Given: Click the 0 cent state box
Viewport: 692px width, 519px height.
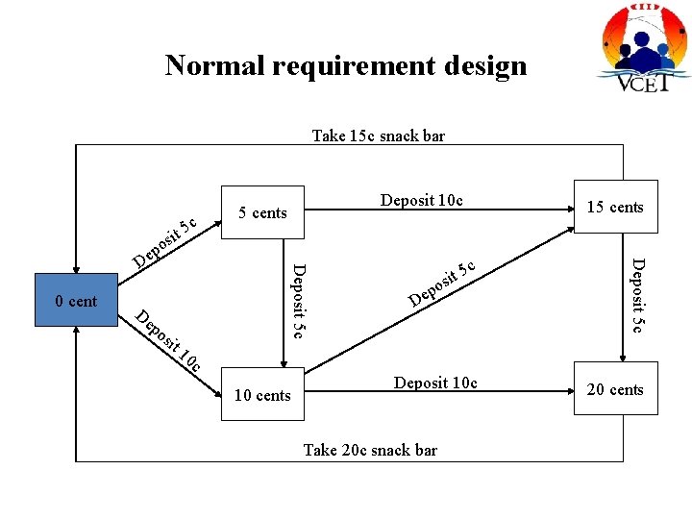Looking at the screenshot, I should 77,301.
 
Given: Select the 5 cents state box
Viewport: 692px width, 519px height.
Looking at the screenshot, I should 262,212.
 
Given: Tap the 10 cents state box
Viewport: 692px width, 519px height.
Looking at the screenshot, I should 262,395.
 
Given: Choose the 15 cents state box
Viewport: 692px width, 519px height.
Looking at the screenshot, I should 615,207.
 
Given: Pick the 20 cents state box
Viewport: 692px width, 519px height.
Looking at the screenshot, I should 615,389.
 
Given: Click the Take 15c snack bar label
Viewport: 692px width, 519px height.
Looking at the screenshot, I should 378,136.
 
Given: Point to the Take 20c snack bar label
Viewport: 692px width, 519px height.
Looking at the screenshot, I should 370,450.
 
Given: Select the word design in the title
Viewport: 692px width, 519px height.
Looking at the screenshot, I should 485,65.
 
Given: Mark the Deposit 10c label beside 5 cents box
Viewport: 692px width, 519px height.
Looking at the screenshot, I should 421,200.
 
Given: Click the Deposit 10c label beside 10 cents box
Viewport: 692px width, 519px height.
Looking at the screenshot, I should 435,383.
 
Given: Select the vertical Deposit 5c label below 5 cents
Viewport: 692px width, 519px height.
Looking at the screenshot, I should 298,300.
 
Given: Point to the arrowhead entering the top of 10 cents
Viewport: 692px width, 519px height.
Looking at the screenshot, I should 282,364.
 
